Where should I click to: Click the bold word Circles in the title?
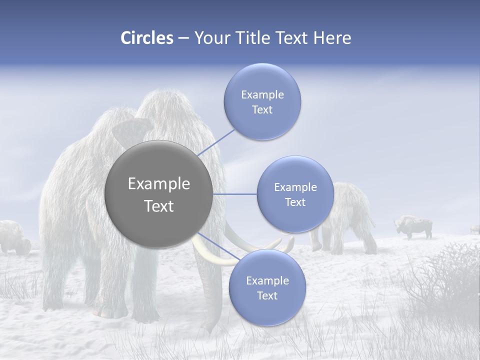pos(146,38)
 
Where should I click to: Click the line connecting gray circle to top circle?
pos(216,142)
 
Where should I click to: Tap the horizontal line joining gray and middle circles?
pos(235,194)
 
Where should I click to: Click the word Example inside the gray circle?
pos(158,184)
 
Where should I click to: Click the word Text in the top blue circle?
pos(262,110)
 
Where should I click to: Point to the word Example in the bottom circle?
pos(267,280)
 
